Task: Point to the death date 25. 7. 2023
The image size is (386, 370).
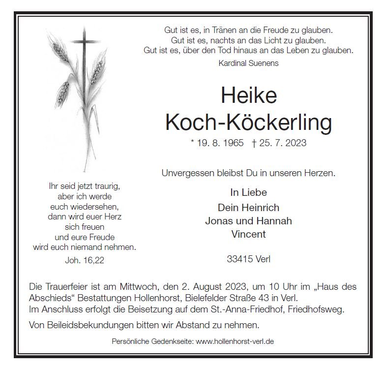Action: click(x=279, y=143)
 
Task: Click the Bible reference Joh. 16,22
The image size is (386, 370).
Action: click(x=85, y=260)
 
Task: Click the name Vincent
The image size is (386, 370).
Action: click(x=248, y=234)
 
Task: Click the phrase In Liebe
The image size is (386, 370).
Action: click(x=248, y=192)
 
